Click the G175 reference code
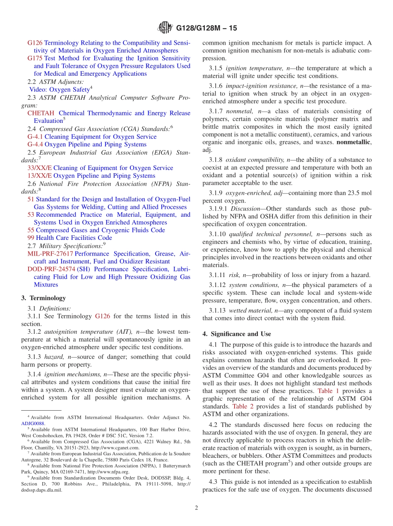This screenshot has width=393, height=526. (x=35, y=58)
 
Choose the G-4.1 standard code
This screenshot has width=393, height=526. (x=35, y=136)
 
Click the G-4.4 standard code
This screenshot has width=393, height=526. (x=35, y=144)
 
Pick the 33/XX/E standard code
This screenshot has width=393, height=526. (x=39, y=168)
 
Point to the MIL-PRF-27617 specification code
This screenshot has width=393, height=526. (x=50, y=253)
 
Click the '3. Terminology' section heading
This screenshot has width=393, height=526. (x=43, y=298)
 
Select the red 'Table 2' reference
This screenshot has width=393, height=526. (x=243, y=406)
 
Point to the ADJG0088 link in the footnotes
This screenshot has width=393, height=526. (x=33, y=423)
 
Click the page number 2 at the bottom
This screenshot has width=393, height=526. (x=196, y=508)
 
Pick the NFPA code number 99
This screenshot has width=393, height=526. (x=31, y=238)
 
